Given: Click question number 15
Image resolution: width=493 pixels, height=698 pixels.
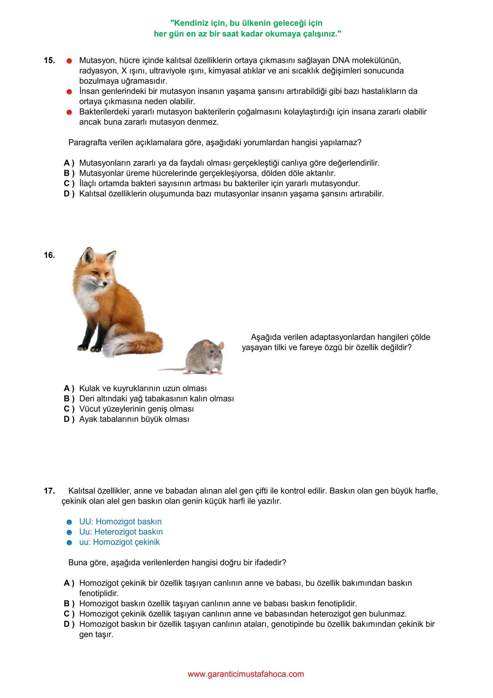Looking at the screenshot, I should tap(49, 60).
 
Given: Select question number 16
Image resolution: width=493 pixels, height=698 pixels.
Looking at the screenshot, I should tap(49, 255).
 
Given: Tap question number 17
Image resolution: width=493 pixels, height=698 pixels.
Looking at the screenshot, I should tap(49, 491).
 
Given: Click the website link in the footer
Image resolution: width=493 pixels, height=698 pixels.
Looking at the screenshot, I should tap(246, 674).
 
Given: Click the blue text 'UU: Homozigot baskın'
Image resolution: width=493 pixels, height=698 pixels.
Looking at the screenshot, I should tap(120, 521).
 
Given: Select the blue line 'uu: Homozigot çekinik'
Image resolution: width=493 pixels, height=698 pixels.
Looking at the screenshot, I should tap(120, 542).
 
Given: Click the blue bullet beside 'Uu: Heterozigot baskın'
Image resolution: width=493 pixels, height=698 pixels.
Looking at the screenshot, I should tap(69, 532).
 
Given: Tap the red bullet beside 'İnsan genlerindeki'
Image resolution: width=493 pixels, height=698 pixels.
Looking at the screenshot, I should tap(69, 92).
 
